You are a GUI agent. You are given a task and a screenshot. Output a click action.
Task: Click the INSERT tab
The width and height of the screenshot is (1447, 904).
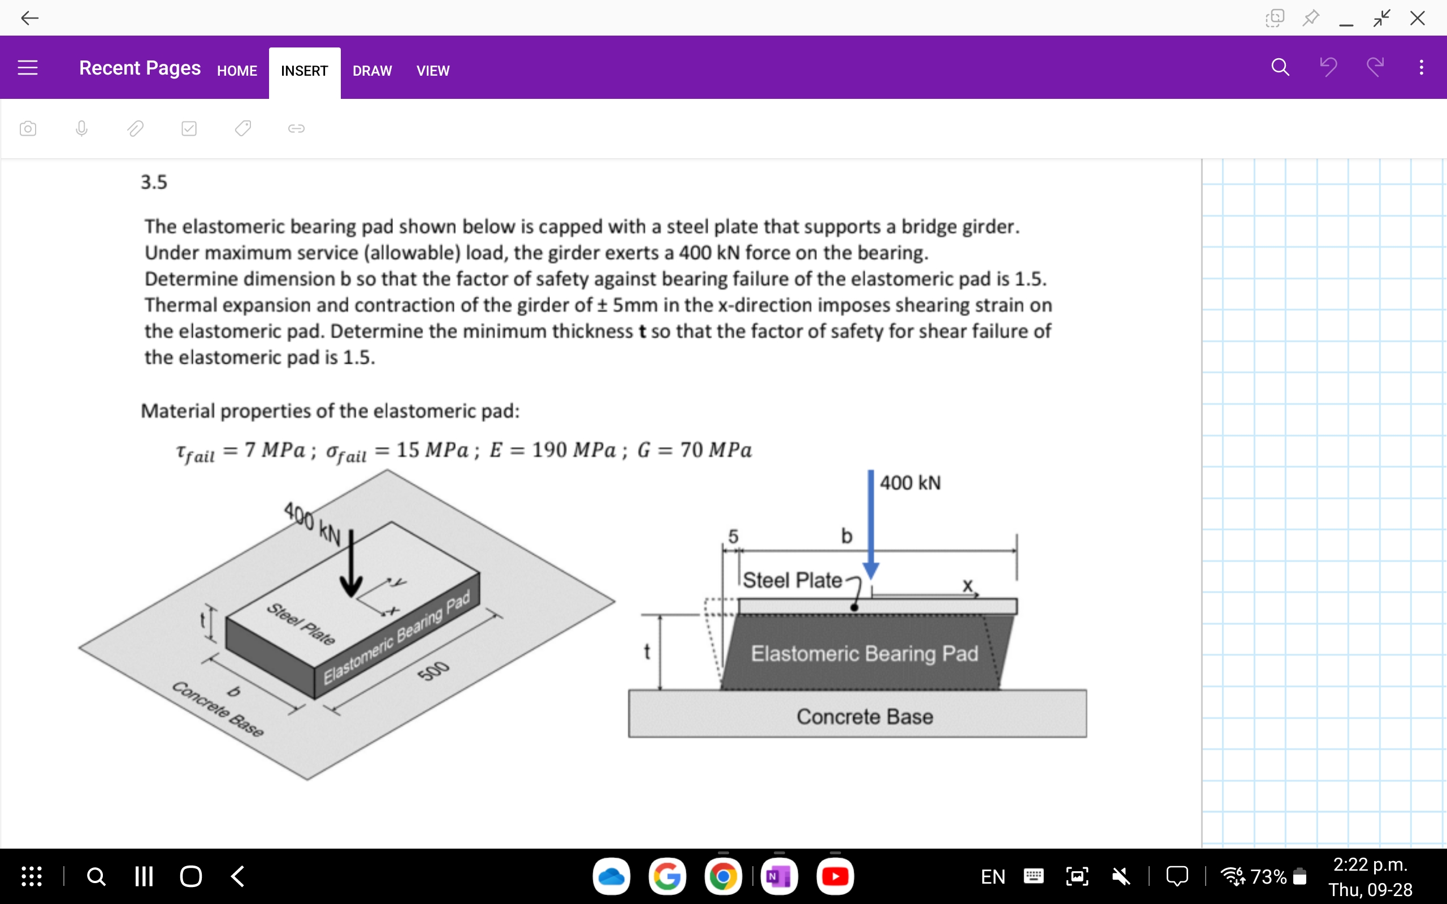click(304, 71)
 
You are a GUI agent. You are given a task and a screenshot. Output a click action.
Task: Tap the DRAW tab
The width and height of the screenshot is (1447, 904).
click(372, 71)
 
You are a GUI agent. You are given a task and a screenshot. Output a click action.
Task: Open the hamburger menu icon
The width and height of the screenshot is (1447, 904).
click(28, 68)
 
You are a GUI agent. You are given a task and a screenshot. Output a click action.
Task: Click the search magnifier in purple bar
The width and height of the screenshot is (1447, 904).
click(1280, 67)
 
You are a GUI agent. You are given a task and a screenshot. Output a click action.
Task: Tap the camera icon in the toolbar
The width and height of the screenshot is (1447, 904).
click(28, 129)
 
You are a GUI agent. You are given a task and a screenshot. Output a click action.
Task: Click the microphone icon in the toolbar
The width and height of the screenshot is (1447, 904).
click(82, 129)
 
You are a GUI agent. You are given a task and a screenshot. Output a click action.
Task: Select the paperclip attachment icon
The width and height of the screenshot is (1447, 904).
click(135, 129)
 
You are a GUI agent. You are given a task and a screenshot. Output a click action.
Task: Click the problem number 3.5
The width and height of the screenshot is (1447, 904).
click(154, 182)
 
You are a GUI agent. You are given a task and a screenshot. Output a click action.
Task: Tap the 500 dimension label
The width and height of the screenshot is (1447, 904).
click(433, 671)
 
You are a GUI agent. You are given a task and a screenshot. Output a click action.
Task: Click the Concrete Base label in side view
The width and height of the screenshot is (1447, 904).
click(864, 716)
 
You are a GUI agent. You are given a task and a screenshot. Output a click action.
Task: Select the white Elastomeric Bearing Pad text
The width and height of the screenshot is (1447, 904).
click(864, 654)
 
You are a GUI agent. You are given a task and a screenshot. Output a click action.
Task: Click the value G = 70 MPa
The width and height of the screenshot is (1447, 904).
click(694, 450)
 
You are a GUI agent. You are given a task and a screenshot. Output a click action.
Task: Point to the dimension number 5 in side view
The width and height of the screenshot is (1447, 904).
click(733, 536)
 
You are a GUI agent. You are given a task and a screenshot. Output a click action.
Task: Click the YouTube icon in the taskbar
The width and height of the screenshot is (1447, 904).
click(835, 876)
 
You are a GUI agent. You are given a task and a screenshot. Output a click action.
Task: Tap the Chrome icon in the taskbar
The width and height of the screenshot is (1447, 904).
click(723, 876)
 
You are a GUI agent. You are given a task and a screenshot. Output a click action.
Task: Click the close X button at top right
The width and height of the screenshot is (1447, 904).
click(1417, 18)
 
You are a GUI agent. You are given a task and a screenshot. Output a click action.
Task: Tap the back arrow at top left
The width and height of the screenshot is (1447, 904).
click(29, 18)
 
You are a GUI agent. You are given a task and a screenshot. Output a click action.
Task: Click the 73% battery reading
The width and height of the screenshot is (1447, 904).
click(1268, 876)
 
